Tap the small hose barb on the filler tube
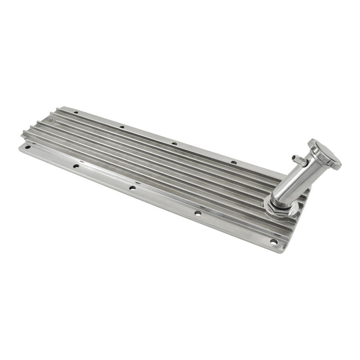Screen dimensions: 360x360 (x=297, y=158)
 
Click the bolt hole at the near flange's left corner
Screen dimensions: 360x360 (x=28, y=147)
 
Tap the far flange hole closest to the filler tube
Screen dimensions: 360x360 (x=234, y=162)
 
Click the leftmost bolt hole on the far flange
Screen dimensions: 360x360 (x=76, y=112)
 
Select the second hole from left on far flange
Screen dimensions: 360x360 (x=121, y=127)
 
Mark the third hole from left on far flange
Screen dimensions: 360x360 (x=175, y=144)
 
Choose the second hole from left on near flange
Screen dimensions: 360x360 (x=76, y=166)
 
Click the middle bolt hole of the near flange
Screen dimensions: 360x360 (x=132, y=188)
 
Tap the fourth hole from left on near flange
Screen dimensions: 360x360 (x=198, y=213)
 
